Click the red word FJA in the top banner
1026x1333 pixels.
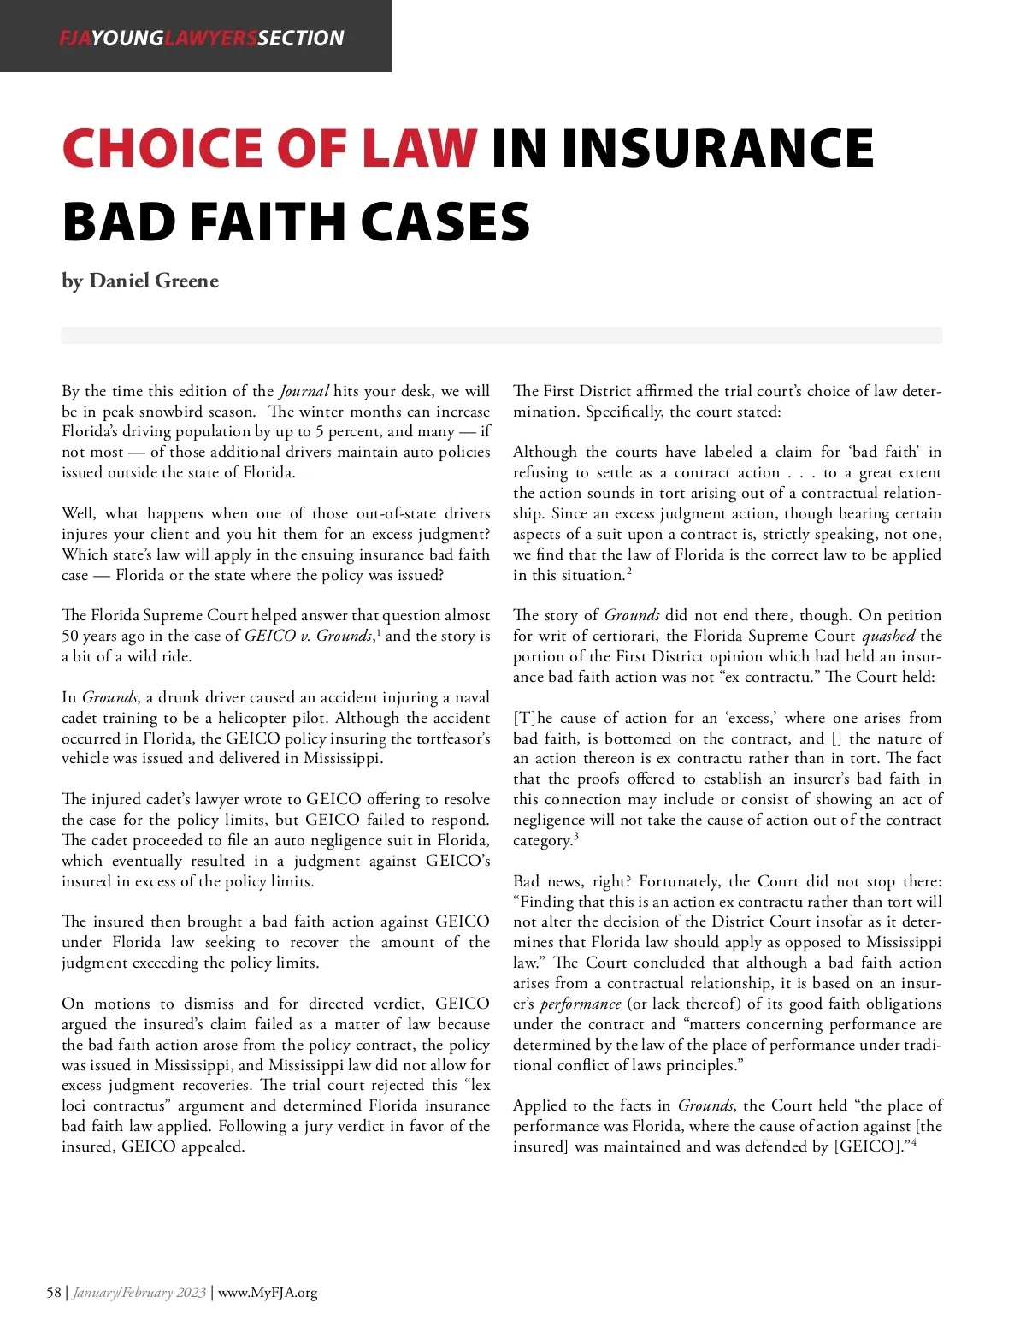(x=74, y=38)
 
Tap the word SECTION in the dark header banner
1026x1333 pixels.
(x=301, y=38)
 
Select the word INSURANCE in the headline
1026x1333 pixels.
(x=718, y=148)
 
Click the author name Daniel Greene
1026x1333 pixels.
(x=154, y=281)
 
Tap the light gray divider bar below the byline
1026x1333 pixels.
(x=501, y=335)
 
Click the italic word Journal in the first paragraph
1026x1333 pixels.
(x=304, y=392)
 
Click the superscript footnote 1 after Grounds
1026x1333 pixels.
(x=378, y=631)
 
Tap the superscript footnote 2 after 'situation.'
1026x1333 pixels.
(x=629, y=572)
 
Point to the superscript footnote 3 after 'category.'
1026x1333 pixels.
(x=575, y=837)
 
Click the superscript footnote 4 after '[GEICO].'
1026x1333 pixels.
(x=914, y=1143)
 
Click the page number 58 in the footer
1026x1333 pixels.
(x=54, y=1292)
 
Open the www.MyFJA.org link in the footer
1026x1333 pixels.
(x=268, y=1292)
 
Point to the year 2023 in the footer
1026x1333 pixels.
(x=191, y=1292)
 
